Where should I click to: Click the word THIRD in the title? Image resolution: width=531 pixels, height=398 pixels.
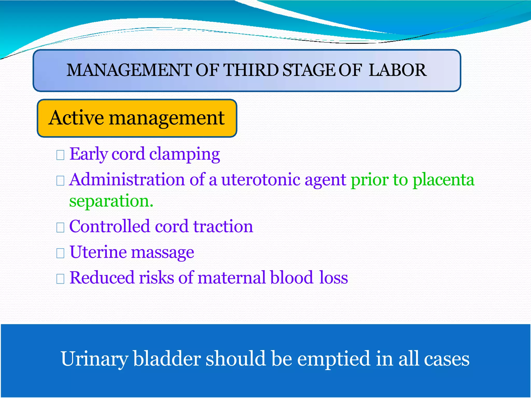[251, 70]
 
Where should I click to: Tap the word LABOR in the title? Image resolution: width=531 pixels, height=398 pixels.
[397, 70]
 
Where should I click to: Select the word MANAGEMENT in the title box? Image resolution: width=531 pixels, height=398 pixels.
[129, 70]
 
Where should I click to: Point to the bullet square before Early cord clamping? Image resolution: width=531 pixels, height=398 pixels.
[60, 155]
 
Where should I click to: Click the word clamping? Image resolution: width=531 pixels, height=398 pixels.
[185, 154]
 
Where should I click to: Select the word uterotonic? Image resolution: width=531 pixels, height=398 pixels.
[260, 180]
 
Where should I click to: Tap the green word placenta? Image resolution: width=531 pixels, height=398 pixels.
[443, 180]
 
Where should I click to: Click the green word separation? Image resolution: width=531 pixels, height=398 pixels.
[111, 201]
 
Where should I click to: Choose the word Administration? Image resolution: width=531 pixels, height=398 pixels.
[127, 180]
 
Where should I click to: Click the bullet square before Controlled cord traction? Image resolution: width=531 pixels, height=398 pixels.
[60, 228]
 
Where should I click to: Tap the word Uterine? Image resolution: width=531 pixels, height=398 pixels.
[98, 252]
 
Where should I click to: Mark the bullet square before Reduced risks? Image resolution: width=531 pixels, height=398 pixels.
[60, 279]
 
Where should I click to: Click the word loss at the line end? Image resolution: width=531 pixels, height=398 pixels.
[333, 278]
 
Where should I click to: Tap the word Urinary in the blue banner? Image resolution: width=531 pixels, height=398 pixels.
[94, 359]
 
